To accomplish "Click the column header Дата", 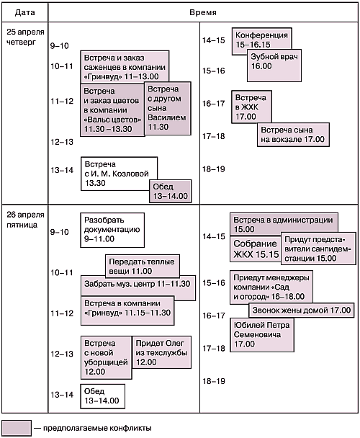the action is tap(25, 12).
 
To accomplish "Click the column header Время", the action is tap(203, 12).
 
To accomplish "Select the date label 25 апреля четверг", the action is tap(25, 37).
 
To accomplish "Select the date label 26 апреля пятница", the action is tap(25, 220).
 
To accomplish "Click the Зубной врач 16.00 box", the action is tap(274, 66).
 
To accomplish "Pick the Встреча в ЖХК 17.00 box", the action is tap(251, 107).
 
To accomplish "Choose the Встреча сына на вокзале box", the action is tap(293, 135).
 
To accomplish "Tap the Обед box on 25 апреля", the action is tap(171, 191).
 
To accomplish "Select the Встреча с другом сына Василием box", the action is tap(168, 108).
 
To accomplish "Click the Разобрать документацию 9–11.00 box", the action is tap(112, 230).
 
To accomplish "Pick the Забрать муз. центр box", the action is tap(138, 287).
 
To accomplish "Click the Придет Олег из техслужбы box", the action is tap(162, 352).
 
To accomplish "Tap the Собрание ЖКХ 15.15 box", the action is tap(256, 249).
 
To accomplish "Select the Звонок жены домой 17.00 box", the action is tap(302, 310).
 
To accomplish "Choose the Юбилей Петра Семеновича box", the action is tap(262, 335).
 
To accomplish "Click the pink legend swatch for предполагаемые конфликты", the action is tap(17, 428).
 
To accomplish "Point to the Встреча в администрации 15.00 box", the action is tap(284, 224).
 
